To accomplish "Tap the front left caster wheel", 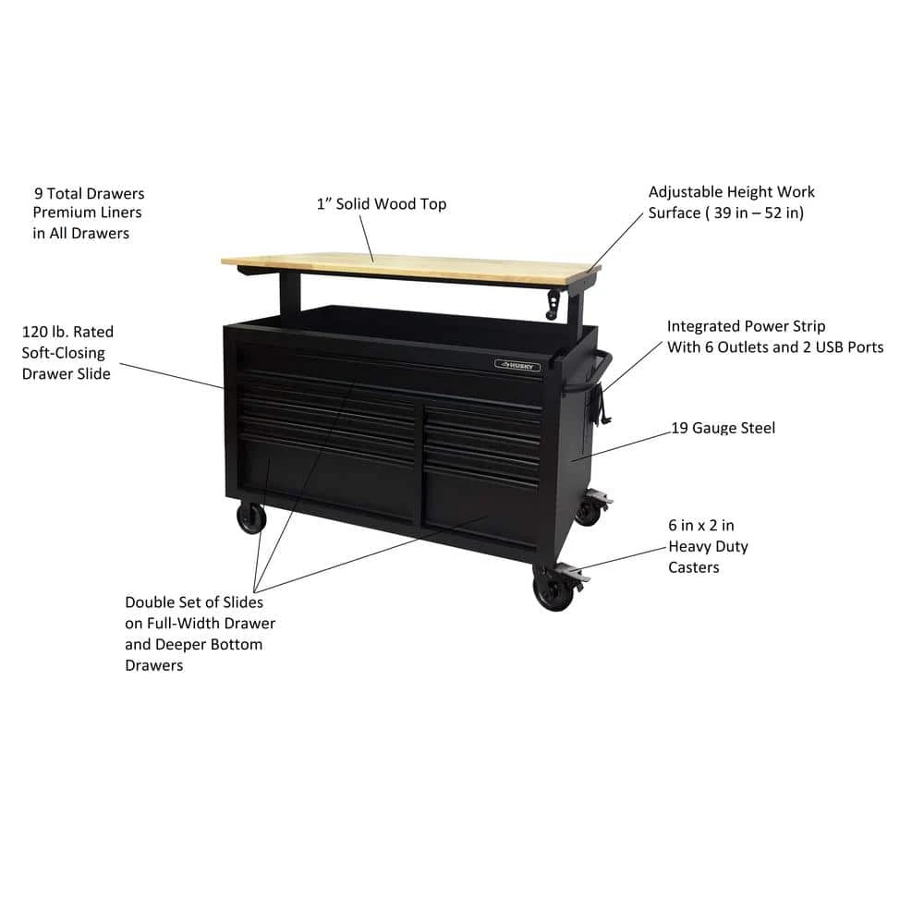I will point(250,519).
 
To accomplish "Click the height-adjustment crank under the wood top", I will point(554,302).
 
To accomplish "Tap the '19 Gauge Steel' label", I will point(723,428).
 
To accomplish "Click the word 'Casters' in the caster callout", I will point(694,566).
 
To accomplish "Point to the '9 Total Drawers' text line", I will point(90,194).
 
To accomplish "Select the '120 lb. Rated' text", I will point(67,332).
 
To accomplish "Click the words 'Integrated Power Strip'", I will point(747,326).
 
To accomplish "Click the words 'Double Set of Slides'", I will point(194,602).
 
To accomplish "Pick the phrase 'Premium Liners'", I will point(88,213).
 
